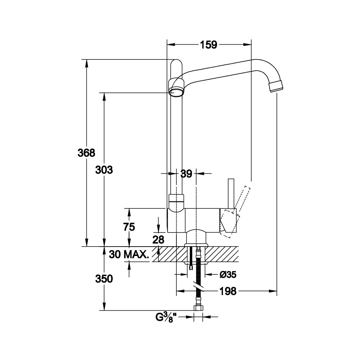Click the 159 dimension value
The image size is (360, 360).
point(208,45)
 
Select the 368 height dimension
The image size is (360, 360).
point(86,153)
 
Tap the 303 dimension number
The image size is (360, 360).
point(104,170)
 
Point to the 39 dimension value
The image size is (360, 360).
point(186,174)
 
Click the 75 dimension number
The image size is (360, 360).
point(129,227)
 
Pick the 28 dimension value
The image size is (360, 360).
point(158,240)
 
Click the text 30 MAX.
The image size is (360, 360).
point(129,255)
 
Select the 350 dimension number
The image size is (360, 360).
point(104,279)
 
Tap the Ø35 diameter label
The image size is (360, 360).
point(228,274)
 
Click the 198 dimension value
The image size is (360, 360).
point(228,291)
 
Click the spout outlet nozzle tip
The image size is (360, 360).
point(276,86)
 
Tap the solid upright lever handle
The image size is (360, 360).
point(231,193)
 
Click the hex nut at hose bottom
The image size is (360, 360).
point(199,308)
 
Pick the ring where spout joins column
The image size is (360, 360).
point(176,87)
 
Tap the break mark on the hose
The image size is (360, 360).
point(198,285)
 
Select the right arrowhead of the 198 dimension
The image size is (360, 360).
point(273,291)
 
